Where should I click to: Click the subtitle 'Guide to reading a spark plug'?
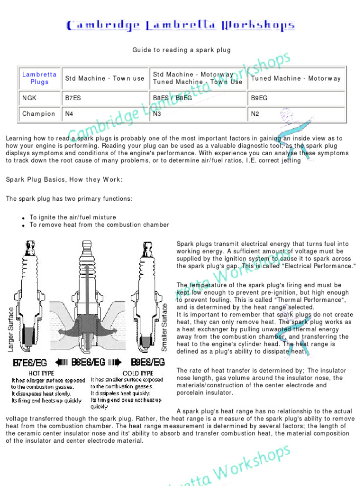pos(182,50)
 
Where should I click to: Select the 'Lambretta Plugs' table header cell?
pos(39,78)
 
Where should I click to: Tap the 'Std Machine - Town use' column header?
pos(105,78)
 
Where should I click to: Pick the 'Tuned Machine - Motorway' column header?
pos(296,78)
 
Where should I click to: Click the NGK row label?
pos(29,98)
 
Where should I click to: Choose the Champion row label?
pos(39,114)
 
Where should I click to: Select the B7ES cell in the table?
pos(73,98)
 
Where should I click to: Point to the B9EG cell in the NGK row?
pos(259,98)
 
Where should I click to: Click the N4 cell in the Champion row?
pos(69,114)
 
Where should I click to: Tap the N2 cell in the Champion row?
pos(255,114)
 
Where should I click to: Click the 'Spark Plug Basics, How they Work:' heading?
pos(64,179)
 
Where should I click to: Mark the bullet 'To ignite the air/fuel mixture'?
pos(73,217)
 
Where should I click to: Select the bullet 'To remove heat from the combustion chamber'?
pos(99,225)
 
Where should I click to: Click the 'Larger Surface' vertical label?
pos(11,329)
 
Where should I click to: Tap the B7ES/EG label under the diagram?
pos(30,363)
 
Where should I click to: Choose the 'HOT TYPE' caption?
pos(42,374)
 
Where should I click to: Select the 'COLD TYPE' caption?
pos(138,374)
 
